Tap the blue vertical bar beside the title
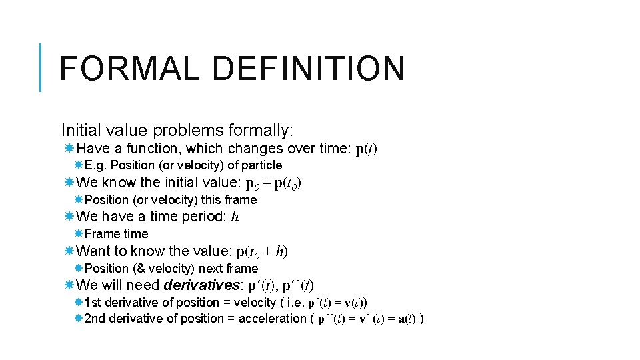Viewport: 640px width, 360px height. pos(41,67)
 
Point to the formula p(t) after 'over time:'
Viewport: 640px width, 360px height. pos(366,149)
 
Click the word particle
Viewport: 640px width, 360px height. pos(261,165)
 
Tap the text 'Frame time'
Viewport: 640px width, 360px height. pos(116,234)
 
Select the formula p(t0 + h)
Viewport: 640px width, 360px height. pos(262,251)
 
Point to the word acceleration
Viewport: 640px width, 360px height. pos(272,319)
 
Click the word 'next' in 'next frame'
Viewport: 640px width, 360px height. pos(211,269)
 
